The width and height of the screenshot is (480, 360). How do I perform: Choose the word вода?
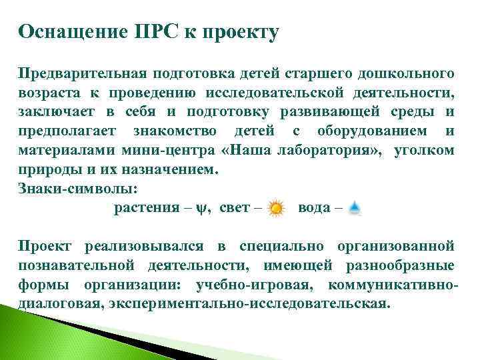click(313, 208)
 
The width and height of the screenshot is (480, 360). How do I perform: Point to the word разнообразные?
click(409, 265)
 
